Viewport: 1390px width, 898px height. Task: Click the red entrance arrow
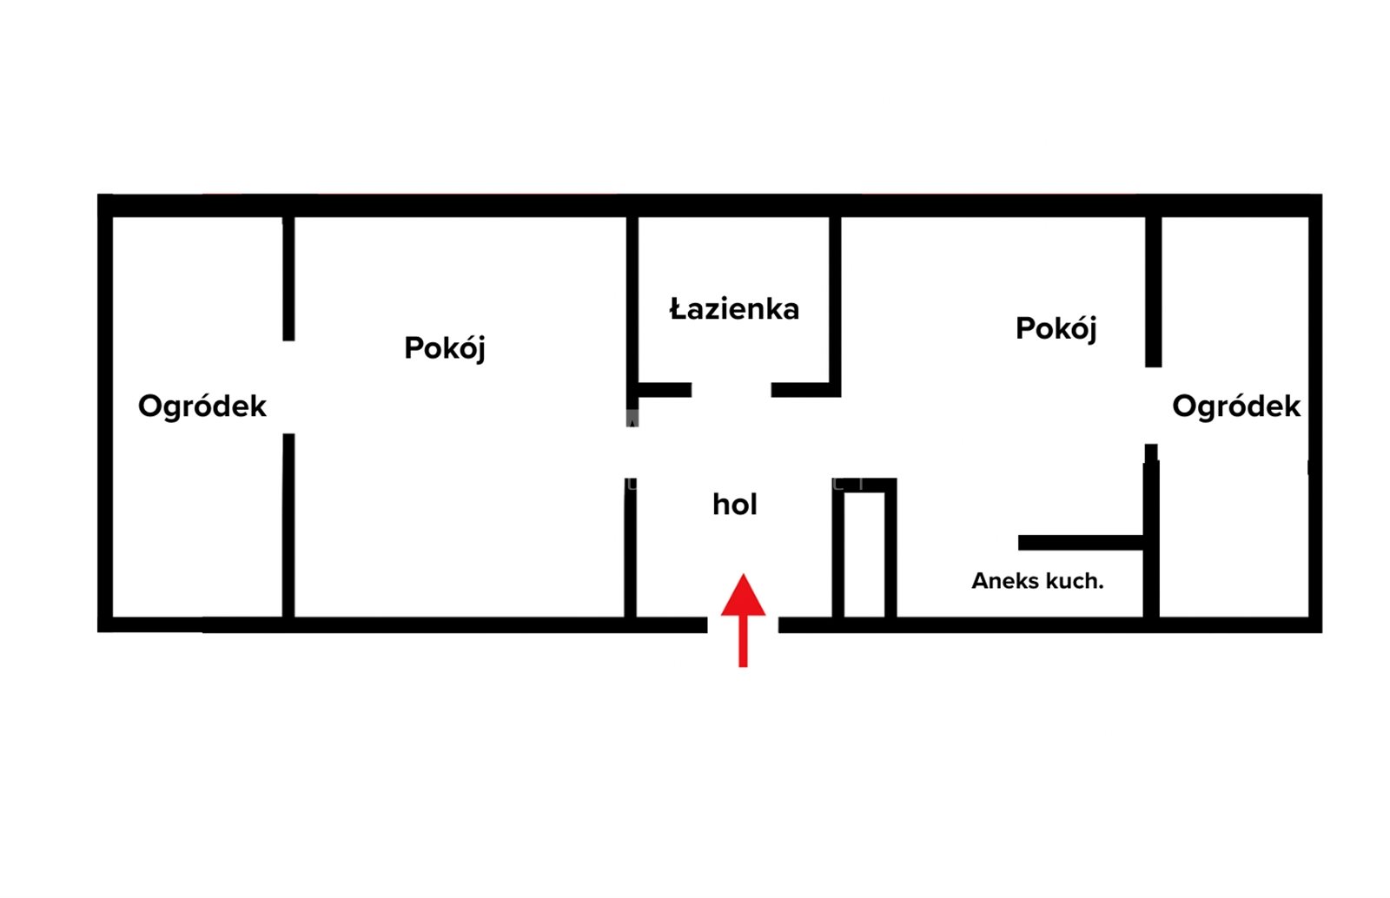click(x=743, y=620)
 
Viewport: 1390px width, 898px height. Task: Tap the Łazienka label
click(x=734, y=309)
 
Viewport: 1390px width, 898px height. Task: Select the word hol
click(x=735, y=505)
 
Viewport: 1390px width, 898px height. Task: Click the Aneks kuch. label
click(x=1037, y=581)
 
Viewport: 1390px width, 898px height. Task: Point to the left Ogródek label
click(x=202, y=406)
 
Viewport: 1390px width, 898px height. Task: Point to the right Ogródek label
click(x=1236, y=406)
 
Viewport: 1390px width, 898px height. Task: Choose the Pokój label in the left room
click(x=444, y=348)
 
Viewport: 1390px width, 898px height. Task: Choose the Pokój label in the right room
click(x=1056, y=328)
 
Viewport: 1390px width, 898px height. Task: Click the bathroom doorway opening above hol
click(x=731, y=389)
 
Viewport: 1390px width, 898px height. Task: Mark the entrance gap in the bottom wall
click(x=743, y=624)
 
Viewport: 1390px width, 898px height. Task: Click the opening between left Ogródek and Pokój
click(x=288, y=387)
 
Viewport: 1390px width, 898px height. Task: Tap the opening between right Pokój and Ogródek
click(x=1153, y=406)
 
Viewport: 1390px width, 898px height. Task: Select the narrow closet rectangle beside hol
click(x=864, y=548)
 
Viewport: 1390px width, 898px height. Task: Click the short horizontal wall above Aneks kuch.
click(x=1081, y=543)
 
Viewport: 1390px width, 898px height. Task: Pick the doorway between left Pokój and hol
click(x=631, y=452)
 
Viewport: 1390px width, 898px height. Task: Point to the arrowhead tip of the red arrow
click(x=743, y=574)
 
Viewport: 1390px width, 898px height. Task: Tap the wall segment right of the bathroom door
click(x=805, y=389)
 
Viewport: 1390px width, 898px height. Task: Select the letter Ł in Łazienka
click(x=678, y=309)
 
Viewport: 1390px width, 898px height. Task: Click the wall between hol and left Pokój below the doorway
click(x=631, y=548)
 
